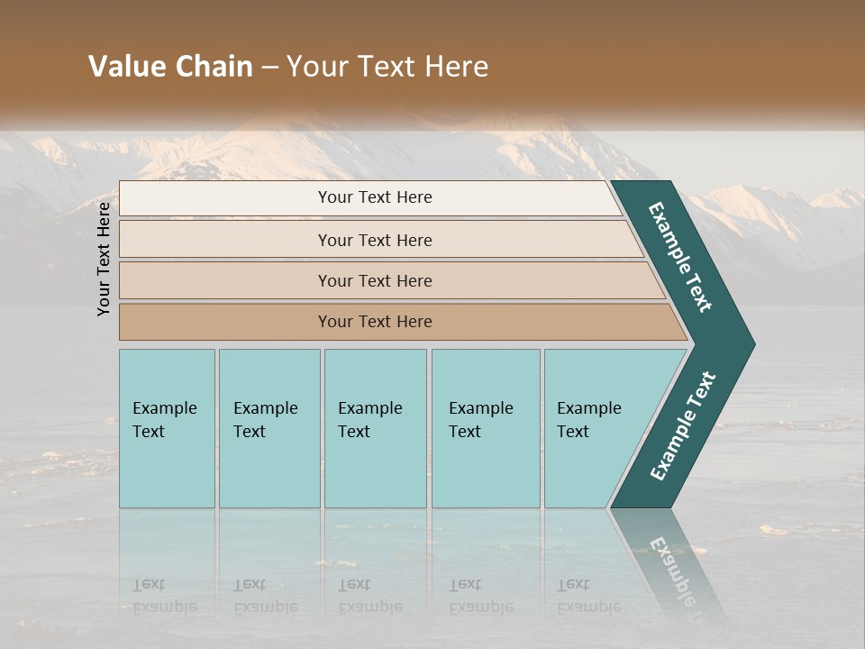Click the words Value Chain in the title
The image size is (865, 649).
coord(170,67)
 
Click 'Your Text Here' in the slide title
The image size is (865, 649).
coord(387,67)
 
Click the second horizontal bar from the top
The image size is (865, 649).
coord(375,240)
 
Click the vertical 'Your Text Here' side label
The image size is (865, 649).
coord(104,259)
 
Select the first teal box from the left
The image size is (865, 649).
coord(167,427)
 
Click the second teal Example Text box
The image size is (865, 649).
coord(269,427)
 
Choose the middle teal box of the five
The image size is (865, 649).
coord(375,427)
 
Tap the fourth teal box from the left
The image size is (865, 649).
coord(485,427)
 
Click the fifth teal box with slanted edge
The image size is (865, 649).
coord(595,427)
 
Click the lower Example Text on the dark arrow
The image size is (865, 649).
coord(683,426)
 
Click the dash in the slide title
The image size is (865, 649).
coord(269,68)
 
